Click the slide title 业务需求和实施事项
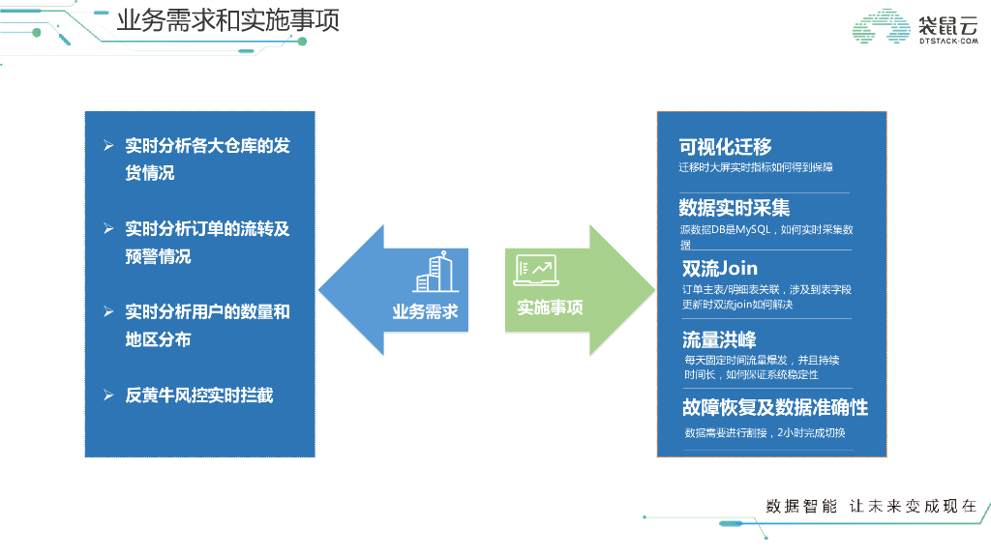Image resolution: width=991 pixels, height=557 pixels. point(227,21)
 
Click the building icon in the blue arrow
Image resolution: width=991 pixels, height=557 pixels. point(434,273)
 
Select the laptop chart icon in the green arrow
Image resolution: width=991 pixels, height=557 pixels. point(535,271)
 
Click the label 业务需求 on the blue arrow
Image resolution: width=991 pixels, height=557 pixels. point(425,311)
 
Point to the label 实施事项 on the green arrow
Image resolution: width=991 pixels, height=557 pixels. point(550,308)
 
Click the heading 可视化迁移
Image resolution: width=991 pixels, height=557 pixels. point(726,147)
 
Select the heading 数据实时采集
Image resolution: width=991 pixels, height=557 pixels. point(735,208)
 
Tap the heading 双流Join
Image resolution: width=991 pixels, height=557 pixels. point(720,268)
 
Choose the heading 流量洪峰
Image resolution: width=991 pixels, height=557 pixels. point(719,339)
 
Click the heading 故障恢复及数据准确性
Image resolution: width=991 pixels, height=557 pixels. point(774,406)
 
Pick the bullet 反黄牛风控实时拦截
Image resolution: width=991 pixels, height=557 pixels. point(199,395)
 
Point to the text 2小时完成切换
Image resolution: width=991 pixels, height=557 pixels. point(818,432)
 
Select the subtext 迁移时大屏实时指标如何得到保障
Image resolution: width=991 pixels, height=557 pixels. point(756,167)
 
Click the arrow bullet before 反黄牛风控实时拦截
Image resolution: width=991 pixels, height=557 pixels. point(109,395)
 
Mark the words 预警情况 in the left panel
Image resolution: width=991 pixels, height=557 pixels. point(158,256)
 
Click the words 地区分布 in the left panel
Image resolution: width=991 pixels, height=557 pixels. point(158,339)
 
